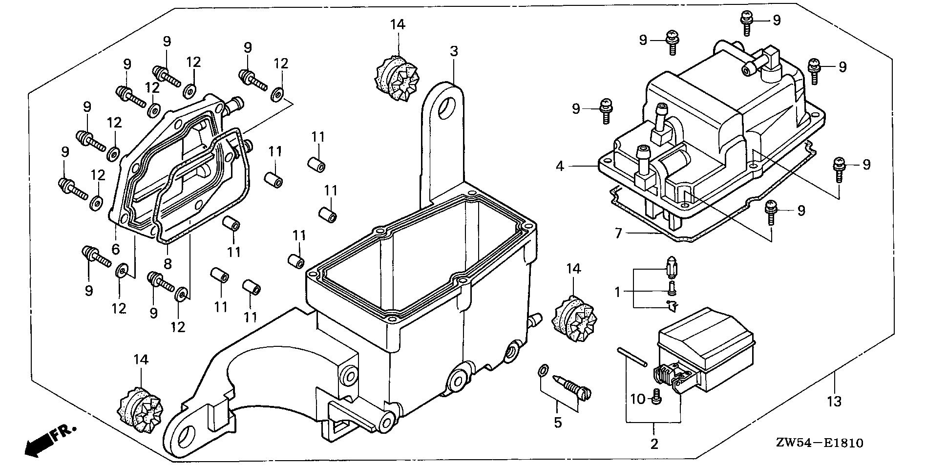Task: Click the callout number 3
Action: coord(454,51)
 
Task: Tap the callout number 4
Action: coord(560,166)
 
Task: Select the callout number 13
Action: coord(835,402)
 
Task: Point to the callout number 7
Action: coord(618,233)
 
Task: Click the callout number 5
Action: coord(558,422)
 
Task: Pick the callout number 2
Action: coord(654,444)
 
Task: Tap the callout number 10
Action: coord(638,400)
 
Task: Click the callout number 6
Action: coord(115,249)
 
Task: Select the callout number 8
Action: coord(168,264)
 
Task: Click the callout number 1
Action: coord(617,292)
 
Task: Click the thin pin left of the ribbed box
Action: coord(632,357)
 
